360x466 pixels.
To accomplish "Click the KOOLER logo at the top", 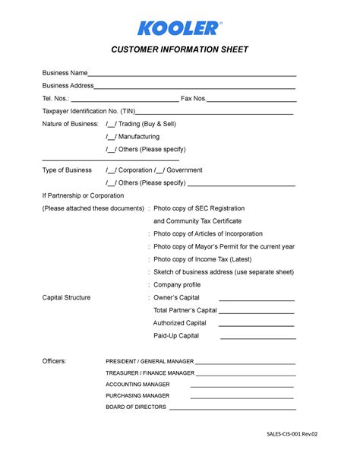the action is coord(180,28).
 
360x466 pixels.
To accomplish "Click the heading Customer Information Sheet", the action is coord(180,51).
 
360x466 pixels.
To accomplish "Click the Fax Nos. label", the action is coord(193,98).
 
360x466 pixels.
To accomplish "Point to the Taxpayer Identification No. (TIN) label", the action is coord(89,111).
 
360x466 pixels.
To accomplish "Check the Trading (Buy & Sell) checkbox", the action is coord(111,124).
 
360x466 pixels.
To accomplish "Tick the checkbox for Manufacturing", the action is coord(111,137).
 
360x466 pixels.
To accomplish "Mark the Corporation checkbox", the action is coord(111,170).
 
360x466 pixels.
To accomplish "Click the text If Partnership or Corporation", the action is coord(83,195).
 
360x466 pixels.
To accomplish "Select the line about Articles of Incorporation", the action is coord(207,233).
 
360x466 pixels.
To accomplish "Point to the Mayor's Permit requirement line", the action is coord(223,246).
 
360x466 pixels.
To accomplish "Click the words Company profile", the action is coord(177,284).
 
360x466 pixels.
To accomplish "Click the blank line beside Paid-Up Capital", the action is coord(257,338).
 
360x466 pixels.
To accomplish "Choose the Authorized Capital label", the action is coord(179,323).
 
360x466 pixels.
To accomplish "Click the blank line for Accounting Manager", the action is coord(242,387).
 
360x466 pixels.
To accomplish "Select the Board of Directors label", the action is coord(135,407).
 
